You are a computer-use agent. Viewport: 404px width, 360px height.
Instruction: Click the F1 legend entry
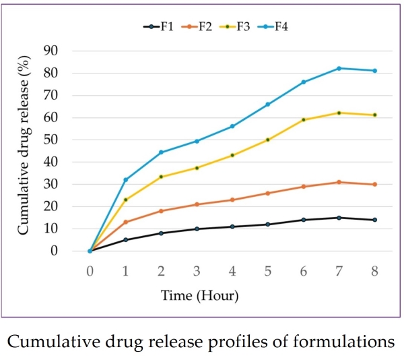click(x=159, y=27)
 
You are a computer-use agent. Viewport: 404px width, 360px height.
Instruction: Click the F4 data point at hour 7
click(x=339, y=68)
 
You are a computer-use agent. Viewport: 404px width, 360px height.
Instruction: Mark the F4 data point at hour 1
click(x=125, y=180)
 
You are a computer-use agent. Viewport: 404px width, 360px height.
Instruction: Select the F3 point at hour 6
click(x=303, y=120)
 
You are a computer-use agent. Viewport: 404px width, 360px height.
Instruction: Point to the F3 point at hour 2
click(x=161, y=177)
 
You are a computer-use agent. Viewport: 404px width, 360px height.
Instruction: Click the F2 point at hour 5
click(x=267, y=193)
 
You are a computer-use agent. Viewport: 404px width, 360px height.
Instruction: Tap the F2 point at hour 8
click(x=374, y=184)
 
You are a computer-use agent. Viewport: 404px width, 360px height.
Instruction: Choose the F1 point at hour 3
click(x=197, y=229)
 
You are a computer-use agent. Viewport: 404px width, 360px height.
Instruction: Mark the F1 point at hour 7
click(x=339, y=218)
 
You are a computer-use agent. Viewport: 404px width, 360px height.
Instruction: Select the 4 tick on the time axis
click(x=232, y=270)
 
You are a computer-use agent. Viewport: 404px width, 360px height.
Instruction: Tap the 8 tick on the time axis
click(x=374, y=270)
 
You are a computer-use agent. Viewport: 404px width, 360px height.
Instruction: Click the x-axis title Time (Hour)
click(x=199, y=295)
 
